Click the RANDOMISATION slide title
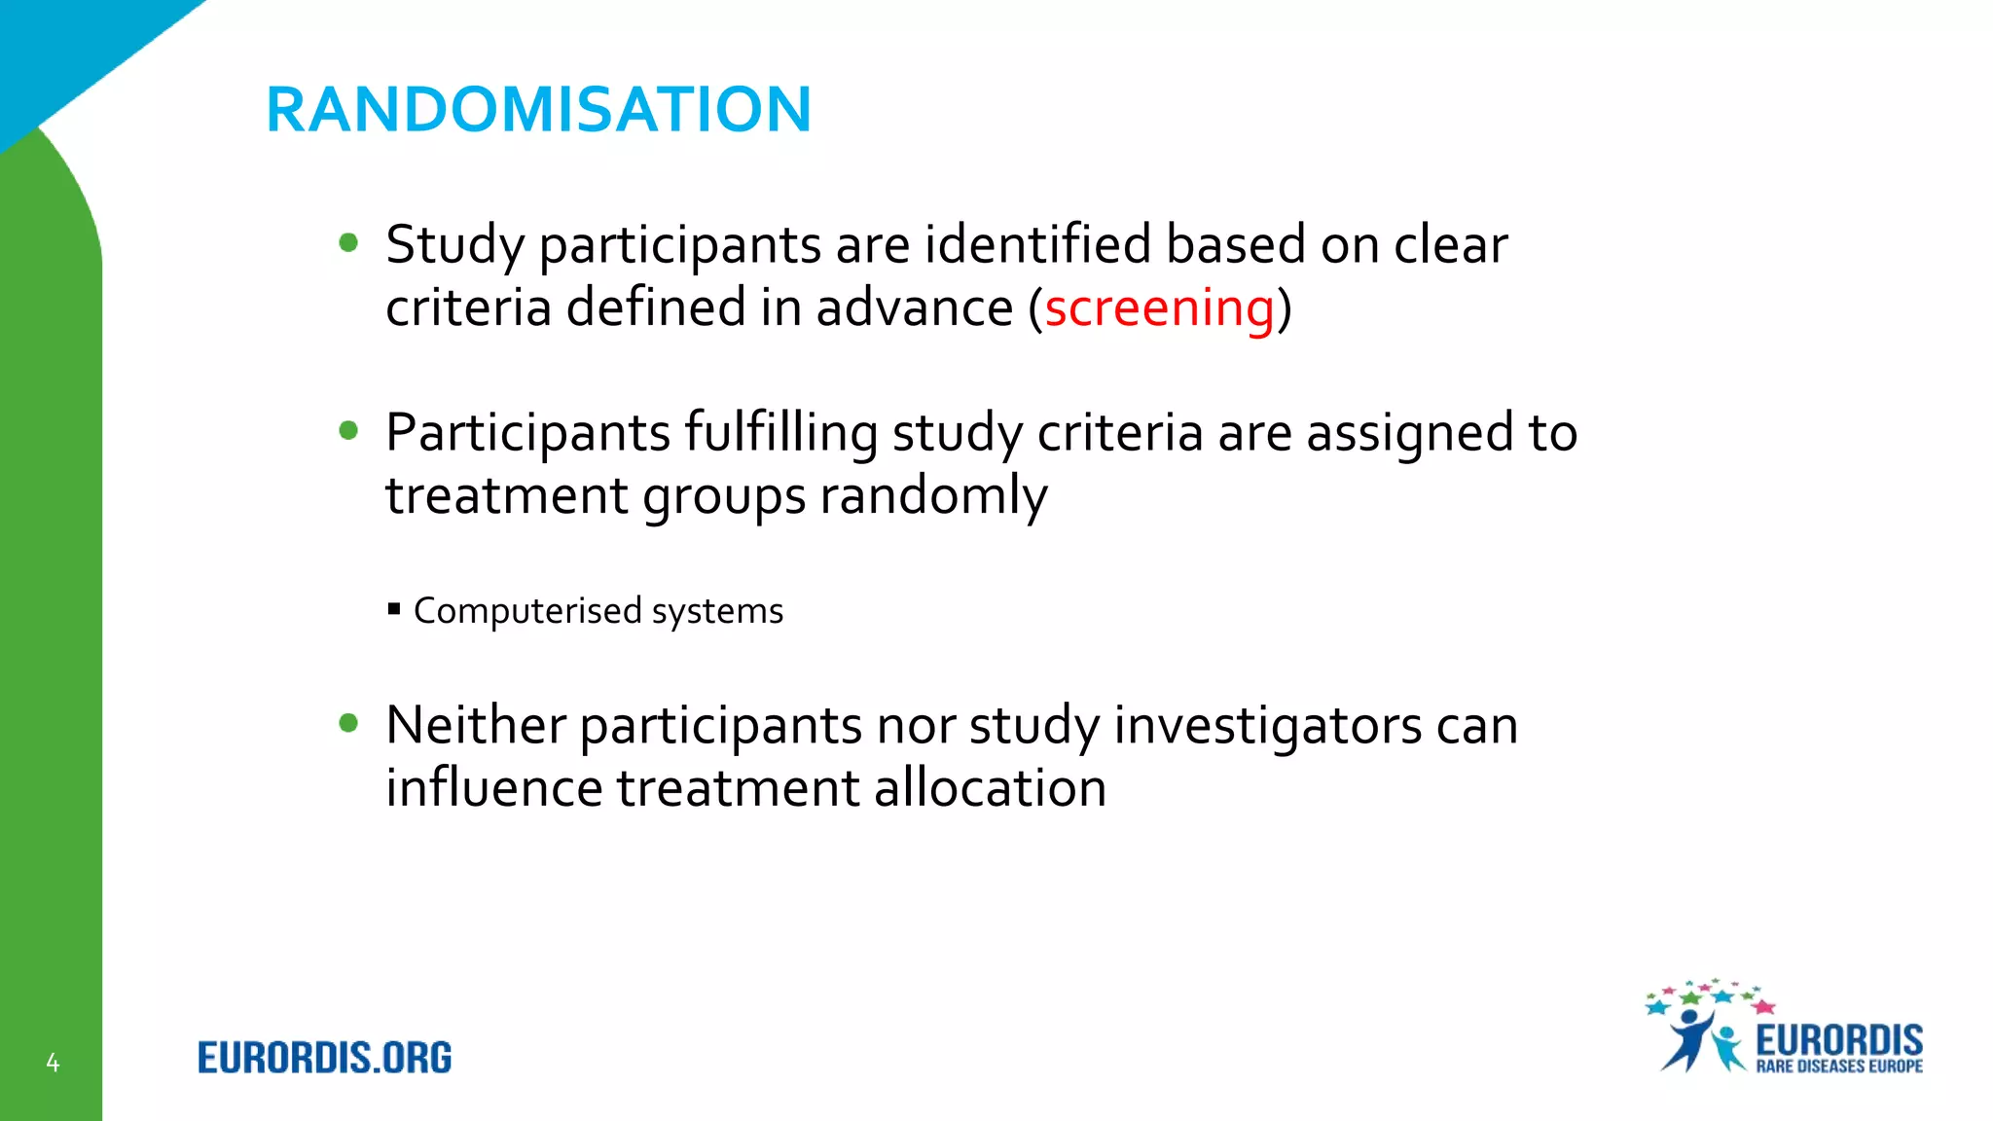[x=538, y=109]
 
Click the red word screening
[x=1159, y=308]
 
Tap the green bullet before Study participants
[x=348, y=242]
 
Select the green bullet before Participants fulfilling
[x=348, y=430]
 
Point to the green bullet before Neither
[x=348, y=723]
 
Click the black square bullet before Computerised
[x=393, y=610]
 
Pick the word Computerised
[x=527, y=611]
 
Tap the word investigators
[x=1267, y=726]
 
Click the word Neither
[x=476, y=726]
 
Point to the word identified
[x=1037, y=244]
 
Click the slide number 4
[x=53, y=1063]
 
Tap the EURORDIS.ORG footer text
[x=324, y=1058]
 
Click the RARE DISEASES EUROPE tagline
[x=1838, y=1067]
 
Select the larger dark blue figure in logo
[x=1688, y=1039]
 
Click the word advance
[x=914, y=308]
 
